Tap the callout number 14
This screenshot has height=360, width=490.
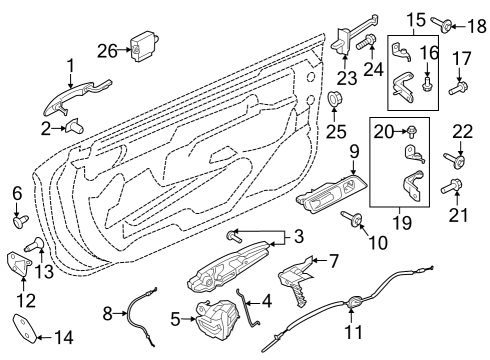coord(63,338)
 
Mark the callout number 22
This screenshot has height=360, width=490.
coord(462,132)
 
